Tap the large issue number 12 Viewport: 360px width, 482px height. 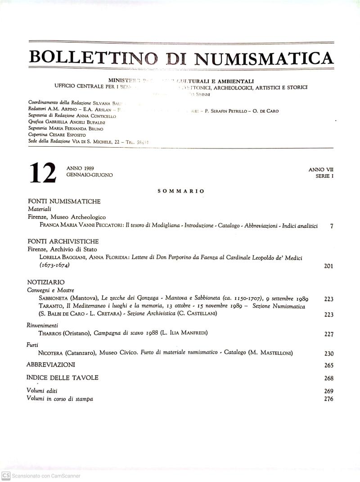pos(43,173)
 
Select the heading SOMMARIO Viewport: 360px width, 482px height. pos(181,191)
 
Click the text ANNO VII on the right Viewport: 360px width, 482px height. pos(321,170)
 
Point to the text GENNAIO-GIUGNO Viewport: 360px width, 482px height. pos(90,175)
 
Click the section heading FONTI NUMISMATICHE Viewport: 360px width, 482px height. pos(64,201)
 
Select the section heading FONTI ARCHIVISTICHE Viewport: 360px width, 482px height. pos(63,241)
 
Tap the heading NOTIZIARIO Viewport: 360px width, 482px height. pos(46,282)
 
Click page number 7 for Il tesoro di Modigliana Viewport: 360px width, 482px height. pos(331,226)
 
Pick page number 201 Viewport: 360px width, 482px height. pos(328,266)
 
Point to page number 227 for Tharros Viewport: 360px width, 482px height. pos(328,334)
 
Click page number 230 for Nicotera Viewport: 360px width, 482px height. pos(328,354)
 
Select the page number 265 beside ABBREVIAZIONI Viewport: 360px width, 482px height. pos(328,365)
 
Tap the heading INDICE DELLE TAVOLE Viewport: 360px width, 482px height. pos(62,378)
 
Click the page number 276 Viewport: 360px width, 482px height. pos(328,399)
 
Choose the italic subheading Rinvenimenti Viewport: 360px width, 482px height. pos(43,325)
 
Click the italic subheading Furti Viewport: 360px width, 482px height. pos(32,345)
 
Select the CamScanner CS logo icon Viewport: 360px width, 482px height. pos(6,476)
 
